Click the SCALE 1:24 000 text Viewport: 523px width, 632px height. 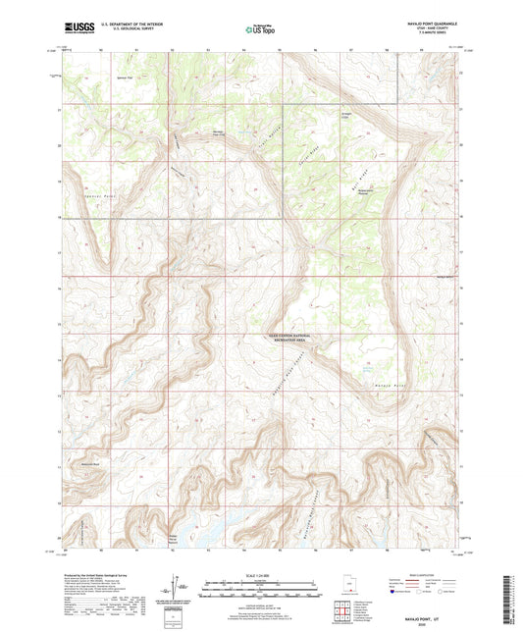[260, 574]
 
